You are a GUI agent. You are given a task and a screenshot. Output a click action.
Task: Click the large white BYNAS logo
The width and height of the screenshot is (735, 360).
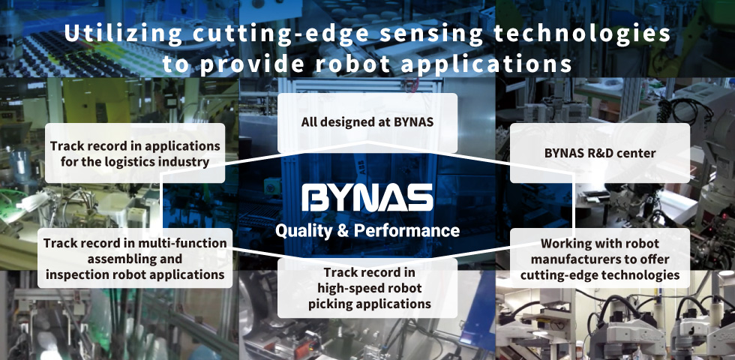tap(367, 197)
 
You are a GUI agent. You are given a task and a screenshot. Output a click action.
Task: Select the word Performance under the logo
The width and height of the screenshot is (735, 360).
tap(406, 230)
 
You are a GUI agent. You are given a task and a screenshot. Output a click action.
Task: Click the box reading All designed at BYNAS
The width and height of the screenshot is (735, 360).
tap(367, 123)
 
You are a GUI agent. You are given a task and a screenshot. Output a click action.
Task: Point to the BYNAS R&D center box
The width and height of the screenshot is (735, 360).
tap(599, 153)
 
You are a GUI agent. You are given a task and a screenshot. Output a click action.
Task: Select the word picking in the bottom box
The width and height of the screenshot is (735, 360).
tap(331, 304)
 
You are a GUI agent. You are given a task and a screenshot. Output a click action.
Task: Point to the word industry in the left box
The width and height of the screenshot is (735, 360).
tap(187, 162)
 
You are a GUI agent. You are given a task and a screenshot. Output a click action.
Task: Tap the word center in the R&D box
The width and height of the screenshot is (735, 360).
tap(638, 153)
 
